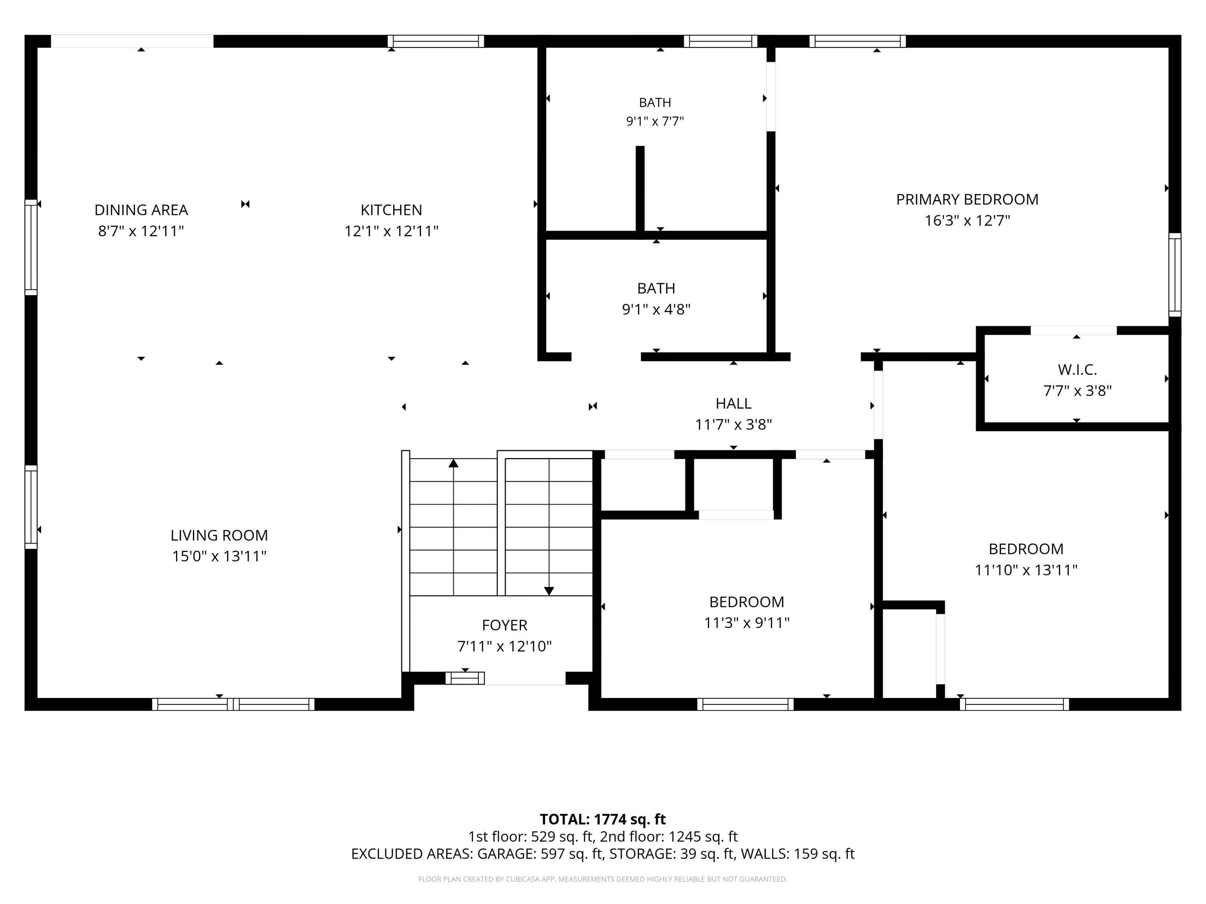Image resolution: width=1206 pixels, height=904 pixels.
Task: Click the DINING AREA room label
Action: pyautogui.click(x=141, y=210)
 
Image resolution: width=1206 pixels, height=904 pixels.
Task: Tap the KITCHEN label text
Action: pyautogui.click(x=392, y=210)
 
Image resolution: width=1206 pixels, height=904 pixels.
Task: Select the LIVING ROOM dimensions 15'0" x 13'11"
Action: pyautogui.click(x=219, y=556)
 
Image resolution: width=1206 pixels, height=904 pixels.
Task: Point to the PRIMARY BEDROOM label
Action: pyautogui.click(x=967, y=199)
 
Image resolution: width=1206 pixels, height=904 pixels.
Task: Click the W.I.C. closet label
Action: pyautogui.click(x=1077, y=370)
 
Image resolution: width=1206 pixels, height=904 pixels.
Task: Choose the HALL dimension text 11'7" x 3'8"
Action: pyautogui.click(x=733, y=425)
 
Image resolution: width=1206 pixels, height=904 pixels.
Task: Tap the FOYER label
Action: pyautogui.click(x=505, y=625)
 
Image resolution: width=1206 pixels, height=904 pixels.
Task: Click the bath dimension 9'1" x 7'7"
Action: pyautogui.click(x=655, y=121)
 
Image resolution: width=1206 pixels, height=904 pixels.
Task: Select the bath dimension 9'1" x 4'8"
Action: pyautogui.click(x=656, y=309)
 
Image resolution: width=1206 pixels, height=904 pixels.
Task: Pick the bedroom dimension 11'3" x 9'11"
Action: pyautogui.click(x=747, y=622)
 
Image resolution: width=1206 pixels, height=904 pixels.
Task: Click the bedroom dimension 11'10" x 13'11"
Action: pyautogui.click(x=1026, y=570)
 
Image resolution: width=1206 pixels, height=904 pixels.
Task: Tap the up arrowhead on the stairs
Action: pyautogui.click(x=453, y=463)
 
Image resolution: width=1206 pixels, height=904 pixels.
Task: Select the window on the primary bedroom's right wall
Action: pyautogui.click(x=1175, y=275)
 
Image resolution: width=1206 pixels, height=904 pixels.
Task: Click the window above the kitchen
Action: pyautogui.click(x=436, y=41)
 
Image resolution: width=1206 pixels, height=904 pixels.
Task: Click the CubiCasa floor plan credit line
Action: pyautogui.click(x=603, y=879)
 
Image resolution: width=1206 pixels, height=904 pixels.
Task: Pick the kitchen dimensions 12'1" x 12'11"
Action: pyautogui.click(x=392, y=231)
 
